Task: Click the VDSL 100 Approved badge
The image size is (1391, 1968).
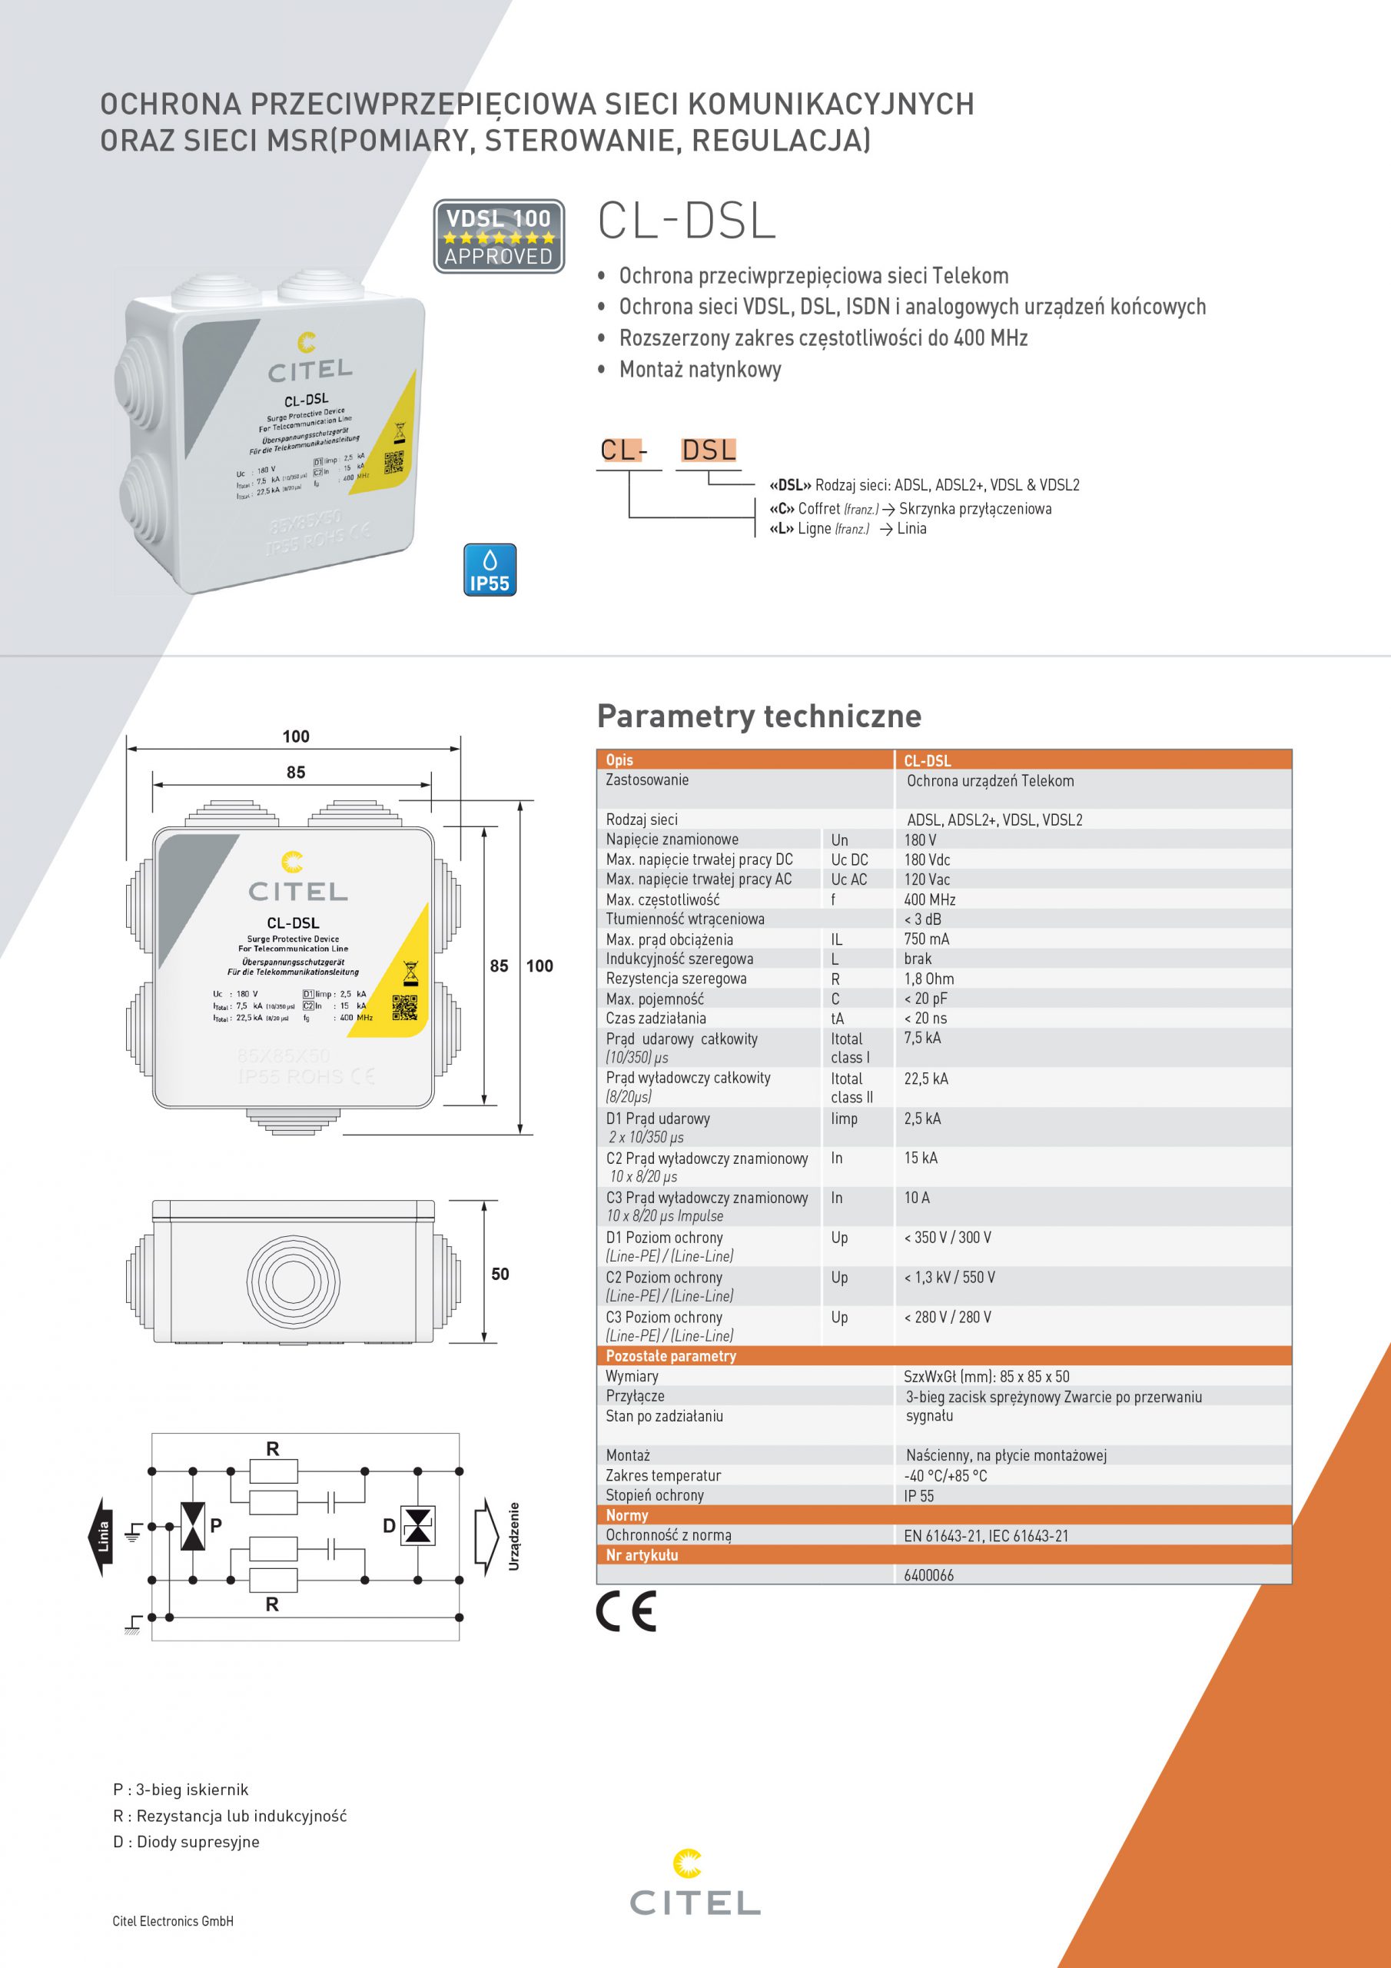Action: click(x=499, y=237)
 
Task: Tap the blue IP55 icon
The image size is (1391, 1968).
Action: click(x=490, y=570)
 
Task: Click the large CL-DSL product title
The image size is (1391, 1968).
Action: click(x=686, y=221)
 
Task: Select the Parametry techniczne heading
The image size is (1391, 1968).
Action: click(x=759, y=716)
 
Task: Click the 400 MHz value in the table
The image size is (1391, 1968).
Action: click(x=929, y=899)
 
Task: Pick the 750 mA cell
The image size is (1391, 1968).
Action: click(x=927, y=939)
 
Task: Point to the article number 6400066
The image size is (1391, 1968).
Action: click(x=928, y=1574)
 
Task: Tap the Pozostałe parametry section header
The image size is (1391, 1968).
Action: click(x=670, y=1356)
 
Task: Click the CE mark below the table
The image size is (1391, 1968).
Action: click(x=626, y=1611)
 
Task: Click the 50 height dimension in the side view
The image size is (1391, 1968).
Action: click(x=500, y=1274)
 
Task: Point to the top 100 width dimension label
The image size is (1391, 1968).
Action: click(x=296, y=736)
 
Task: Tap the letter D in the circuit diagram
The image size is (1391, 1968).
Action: click(x=389, y=1526)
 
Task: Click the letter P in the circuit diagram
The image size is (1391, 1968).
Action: click(x=216, y=1526)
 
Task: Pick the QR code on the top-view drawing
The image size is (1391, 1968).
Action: click(x=404, y=1007)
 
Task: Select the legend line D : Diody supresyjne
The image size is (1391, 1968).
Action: click(x=186, y=1841)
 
